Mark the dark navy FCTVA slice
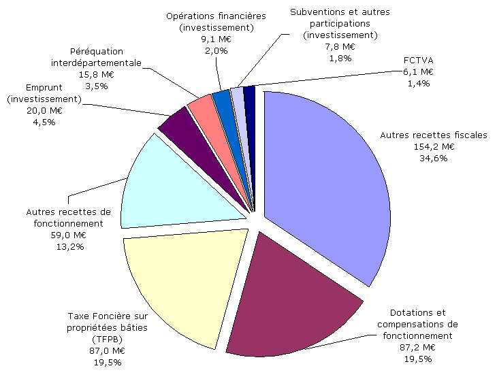click(x=249, y=95)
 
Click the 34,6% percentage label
click(x=434, y=158)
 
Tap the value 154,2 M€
click(x=434, y=146)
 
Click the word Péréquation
click(x=95, y=52)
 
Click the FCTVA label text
click(x=418, y=60)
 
